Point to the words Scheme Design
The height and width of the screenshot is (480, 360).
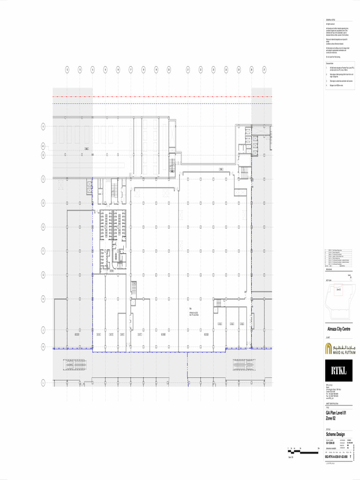pos(335,435)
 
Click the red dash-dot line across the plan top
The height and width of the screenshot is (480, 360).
pos(162,97)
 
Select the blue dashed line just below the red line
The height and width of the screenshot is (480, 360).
pos(162,103)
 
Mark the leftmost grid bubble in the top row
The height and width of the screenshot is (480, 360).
pos(67,70)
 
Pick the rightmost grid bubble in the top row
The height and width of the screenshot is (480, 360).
pos(264,70)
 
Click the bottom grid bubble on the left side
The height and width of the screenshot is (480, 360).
pos(43,383)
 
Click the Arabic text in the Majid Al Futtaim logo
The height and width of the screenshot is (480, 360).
pos(344,346)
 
